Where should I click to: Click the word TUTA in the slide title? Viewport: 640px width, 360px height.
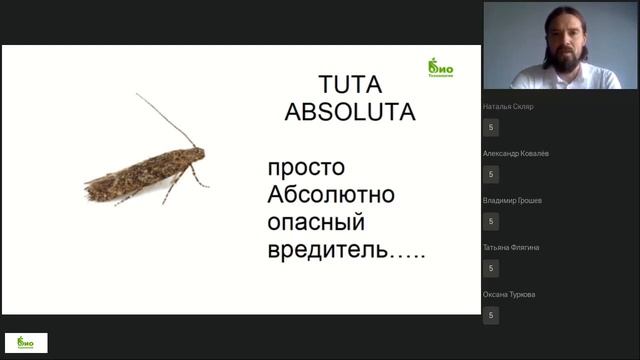point(349,83)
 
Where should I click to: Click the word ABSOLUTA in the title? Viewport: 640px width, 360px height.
point(349,111)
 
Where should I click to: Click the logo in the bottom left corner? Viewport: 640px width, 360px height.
point(26,342)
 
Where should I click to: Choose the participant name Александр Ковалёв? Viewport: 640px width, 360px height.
point(515,153)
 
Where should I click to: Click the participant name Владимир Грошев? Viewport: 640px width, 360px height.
point(512,200)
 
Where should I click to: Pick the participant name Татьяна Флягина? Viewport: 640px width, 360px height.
point(511,247)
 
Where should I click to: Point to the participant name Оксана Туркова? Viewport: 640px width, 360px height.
point(508,294)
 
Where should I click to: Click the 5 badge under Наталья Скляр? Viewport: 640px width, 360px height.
point(491,127)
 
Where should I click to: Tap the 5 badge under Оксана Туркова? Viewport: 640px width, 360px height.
point(491,315)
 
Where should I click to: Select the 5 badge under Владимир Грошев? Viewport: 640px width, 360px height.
point(491,221)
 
